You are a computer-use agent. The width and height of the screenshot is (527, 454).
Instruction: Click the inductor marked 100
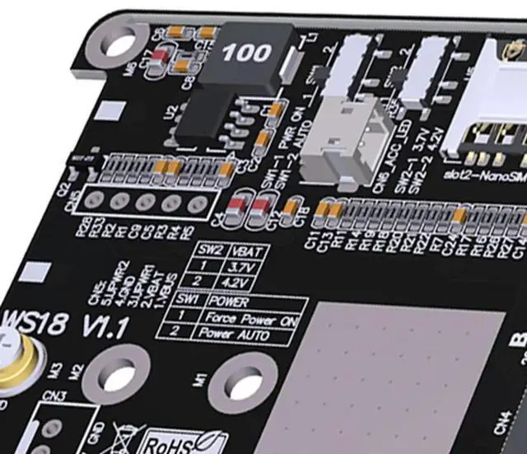tap(245, 55)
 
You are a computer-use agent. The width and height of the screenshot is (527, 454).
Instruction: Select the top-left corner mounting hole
tap(119, 43)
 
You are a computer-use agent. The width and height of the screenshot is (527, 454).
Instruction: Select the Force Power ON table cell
tap(250, 318)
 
